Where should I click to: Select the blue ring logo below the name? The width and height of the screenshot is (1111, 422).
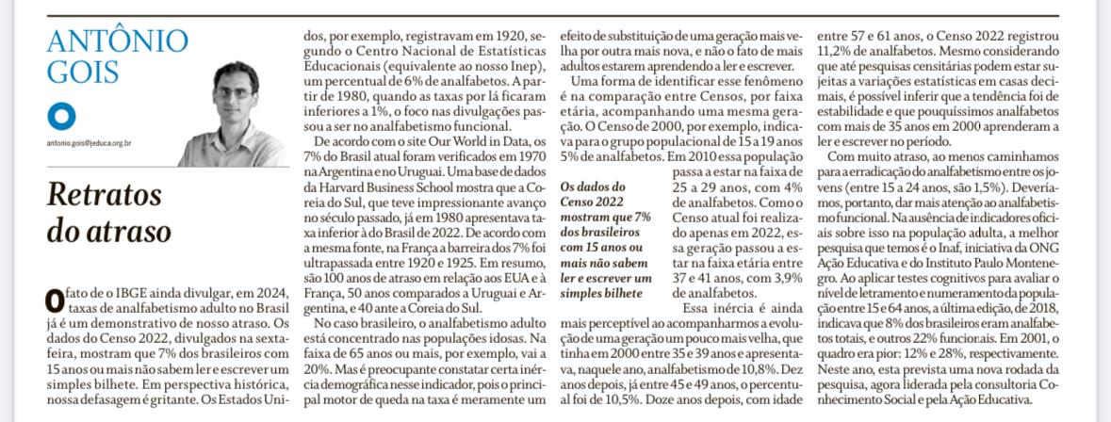63,119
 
